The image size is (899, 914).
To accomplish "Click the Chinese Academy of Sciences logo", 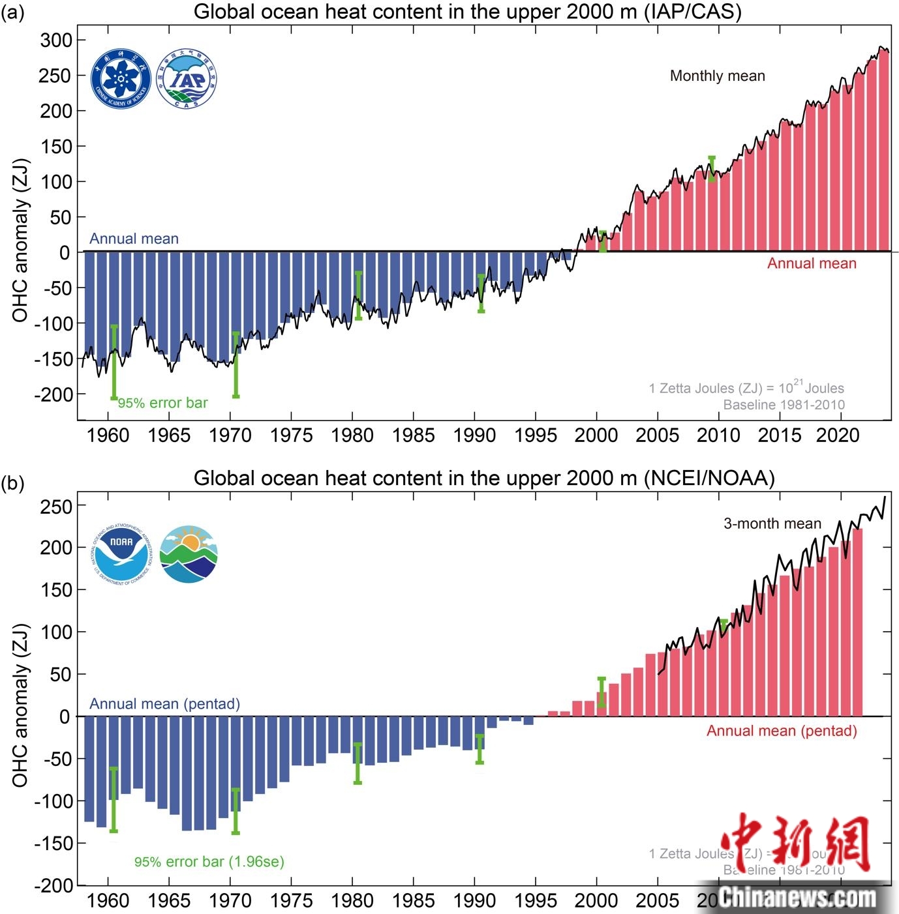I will pyautogui.click(x=121, y=79).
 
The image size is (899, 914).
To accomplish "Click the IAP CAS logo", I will pyautogui.click(x=187, y=79).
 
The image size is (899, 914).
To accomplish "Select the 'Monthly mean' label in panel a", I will pyautogui.click(x=717, y=76).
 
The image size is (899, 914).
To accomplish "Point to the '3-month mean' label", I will pyautogui.click(x=772, y=523).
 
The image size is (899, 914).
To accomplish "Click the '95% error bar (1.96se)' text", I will pyautogui.click(x=209, y=862).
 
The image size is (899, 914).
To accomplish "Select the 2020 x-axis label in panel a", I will pyautogui.click(x=838, y=435).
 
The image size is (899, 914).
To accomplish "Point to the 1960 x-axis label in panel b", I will pyautogui.click(x=108, y=900).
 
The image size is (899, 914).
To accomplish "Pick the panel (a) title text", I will pyautogui.click(x=467, y=12).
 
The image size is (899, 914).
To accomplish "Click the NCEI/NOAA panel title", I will pyautogui.click(x=483, y=478).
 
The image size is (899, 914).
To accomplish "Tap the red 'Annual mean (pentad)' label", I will pyautogui.click(x=782, y=731).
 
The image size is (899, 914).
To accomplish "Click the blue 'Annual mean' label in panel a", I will pyautogui.click(x=134, y=239).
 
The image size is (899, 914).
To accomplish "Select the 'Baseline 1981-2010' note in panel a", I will pyautogui.click(x=784, y=405).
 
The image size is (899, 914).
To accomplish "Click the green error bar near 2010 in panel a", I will pyautogui.click(x=712, y=169).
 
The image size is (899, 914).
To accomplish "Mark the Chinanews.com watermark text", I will pyautogui.click(x=798, y=898).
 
